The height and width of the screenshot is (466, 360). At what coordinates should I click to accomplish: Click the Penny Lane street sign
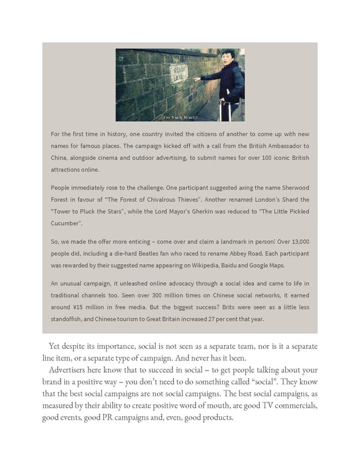point(178,73)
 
